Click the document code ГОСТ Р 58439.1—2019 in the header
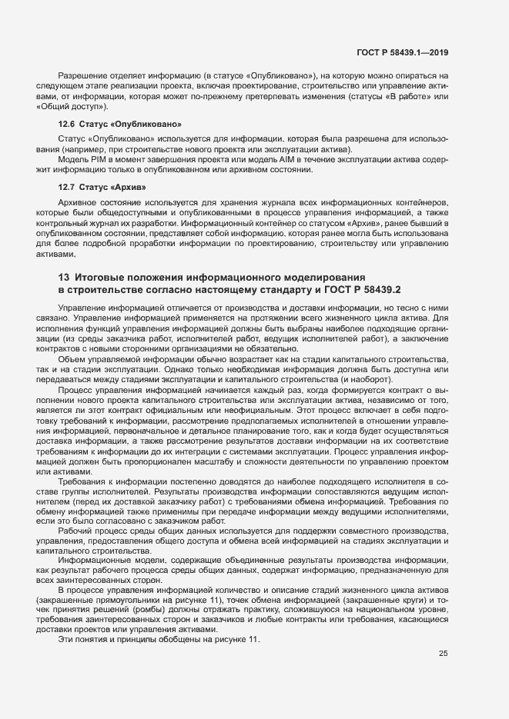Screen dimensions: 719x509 tap(402, 52)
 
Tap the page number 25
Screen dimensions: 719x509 tap(443, 654)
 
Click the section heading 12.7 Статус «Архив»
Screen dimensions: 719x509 tap(102, 187)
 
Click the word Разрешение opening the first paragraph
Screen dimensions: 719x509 tap(82, 76)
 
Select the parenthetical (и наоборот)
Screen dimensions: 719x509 tap(366, 380)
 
